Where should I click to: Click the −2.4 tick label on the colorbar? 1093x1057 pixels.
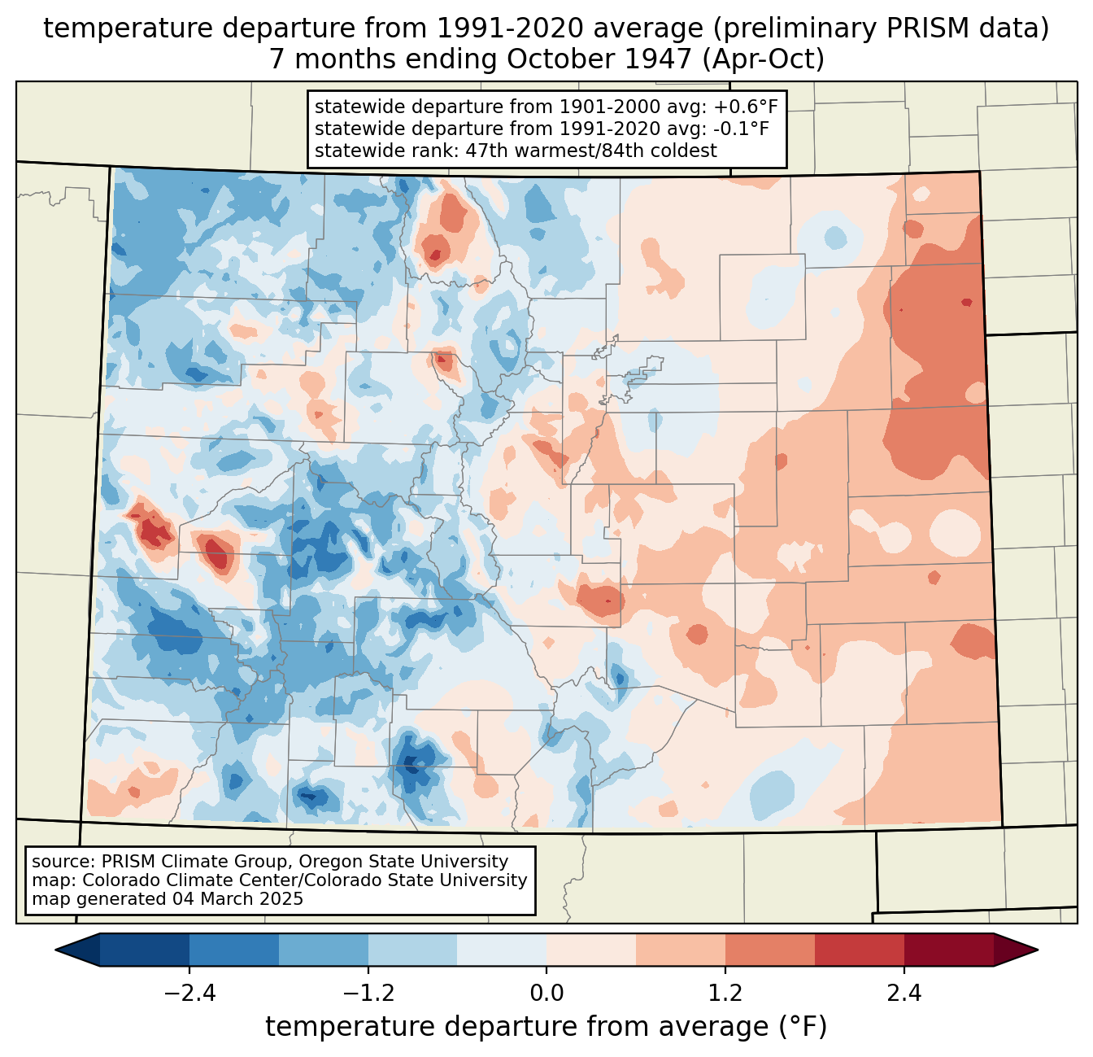pyautogui.click(x=189, y=994)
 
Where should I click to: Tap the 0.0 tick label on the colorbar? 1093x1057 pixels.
pyautogui.click(x=546, y=994)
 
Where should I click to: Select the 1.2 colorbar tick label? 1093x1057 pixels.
pyautogui.click(x=725, y=994)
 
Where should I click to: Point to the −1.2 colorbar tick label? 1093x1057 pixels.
pyautogui.click(x=368, y=994)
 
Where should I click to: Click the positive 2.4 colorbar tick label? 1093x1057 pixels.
pyautogui.click(x=904, y=994)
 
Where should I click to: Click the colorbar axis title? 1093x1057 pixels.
pyautogui.click(x=546, y=1027)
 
